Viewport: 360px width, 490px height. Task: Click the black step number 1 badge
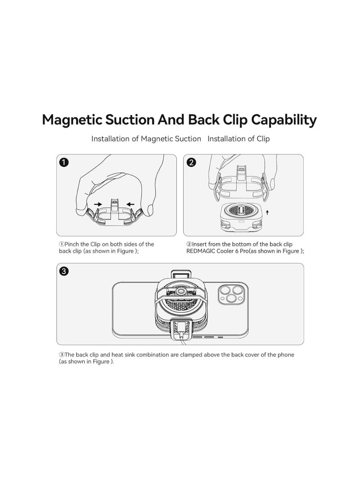[64, 162]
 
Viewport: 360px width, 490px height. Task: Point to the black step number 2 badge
[192, 162]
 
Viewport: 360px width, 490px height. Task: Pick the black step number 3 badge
[64, 271]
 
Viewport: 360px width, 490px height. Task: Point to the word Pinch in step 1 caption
[73, 244]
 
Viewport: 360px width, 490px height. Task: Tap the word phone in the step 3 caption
[285, 355]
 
